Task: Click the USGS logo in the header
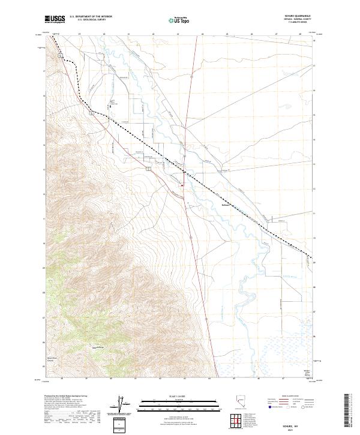[55, 20]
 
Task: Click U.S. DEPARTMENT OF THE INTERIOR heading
[91, 17]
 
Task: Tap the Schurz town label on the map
[226, 204]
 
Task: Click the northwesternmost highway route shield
[61, 55]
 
